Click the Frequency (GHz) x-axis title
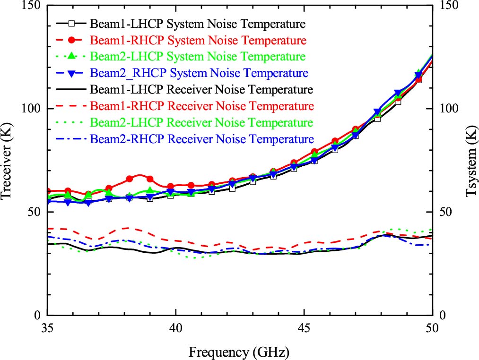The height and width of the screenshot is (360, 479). pos(239,352)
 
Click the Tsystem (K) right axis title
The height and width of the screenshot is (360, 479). pos(470,160)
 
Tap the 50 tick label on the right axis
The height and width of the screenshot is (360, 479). pos(446,212)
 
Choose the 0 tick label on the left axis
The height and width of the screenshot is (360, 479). pos(38,315)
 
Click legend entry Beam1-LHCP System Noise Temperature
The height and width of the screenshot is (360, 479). pos(197,23)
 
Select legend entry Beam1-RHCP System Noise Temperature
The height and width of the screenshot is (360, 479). pos(198,40)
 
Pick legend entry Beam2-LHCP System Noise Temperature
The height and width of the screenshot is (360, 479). pos(198,57)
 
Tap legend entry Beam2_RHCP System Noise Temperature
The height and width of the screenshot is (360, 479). pos(199,73)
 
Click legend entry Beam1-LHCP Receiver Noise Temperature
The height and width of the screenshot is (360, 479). pos(201,90)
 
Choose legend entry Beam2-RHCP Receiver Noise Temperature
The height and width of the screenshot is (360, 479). pos(201,139)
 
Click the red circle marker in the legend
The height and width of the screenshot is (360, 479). pos(72,40)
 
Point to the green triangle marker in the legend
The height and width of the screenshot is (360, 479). pos(72,56)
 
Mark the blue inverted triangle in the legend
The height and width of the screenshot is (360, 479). pos(72,74)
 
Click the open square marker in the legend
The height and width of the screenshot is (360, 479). pos(72,23)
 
